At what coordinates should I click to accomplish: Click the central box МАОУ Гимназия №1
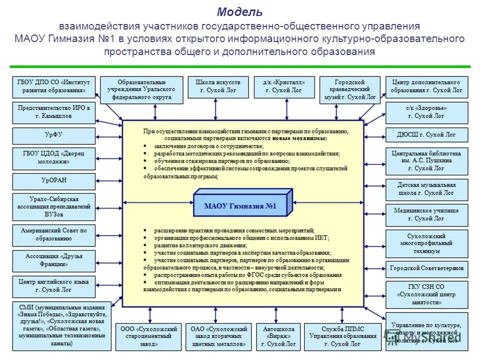click(x=240, y=205)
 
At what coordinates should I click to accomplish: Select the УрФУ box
click(x=53, y=135)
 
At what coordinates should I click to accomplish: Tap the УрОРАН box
click(x=53, y=180)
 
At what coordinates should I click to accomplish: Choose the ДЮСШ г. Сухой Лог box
click(x=426, y=135)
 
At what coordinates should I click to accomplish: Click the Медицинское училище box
click(x=426, y=214)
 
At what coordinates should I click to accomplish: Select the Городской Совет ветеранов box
click(x=426, y=268)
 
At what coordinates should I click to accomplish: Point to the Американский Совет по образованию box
click(x=53, y=235)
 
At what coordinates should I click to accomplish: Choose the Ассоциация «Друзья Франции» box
click(x=53, y=260)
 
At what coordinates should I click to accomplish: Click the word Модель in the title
click(x=239, y=12)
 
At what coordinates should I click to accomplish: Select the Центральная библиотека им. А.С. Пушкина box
click(x=426, y=160)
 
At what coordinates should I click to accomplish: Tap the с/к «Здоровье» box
click(x=426, y=111)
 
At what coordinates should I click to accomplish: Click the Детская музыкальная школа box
click(x=426, y=189)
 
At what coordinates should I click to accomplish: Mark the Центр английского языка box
click(x=53, y=286)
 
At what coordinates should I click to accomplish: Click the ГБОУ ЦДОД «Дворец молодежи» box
click(x=53, y=158)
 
